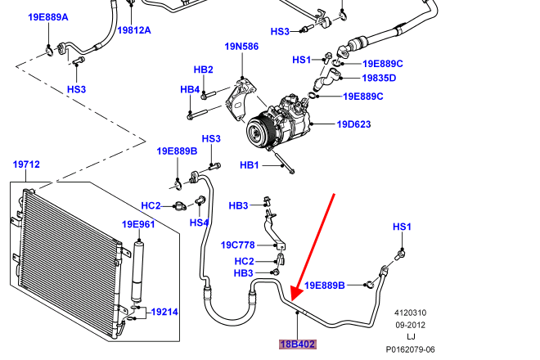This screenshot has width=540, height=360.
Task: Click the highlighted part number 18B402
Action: [298, 344]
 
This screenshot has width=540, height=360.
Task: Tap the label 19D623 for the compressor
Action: [353, 124]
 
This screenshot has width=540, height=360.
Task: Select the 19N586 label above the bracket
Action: [241, 46]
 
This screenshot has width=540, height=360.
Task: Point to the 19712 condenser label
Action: [26, 164]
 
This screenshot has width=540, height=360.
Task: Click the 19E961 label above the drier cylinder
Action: [138, 224]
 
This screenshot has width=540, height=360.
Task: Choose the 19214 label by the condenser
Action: [164, 312]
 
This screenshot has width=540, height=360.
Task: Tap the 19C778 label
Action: [237, 245]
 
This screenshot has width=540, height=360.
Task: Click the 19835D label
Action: [379, 78]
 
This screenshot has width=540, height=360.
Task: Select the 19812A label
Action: [134, 30]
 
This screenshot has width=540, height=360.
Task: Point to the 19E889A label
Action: [48, 17]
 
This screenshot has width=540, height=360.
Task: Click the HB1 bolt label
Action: [250, 165]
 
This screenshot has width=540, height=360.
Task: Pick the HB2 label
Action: [203, 70]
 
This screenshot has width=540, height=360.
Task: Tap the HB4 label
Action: [190, 89]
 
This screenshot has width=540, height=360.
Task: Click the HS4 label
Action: [199, 223]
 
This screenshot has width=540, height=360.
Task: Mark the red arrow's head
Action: [296, 294]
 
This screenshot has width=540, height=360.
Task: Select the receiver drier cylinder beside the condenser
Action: [138, 272]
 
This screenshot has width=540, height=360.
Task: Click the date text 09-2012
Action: [410, 325]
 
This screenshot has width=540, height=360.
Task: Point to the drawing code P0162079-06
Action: [410, 349]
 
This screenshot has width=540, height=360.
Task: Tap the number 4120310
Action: [410, 313]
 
